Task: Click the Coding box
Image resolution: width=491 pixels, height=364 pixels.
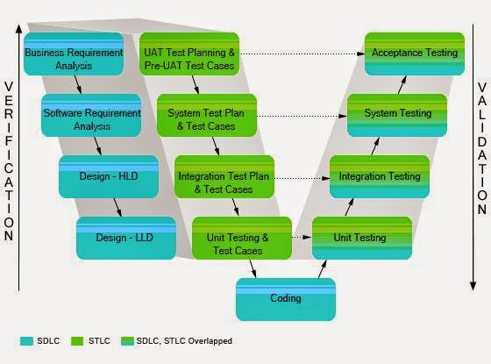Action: (x=285, y=299)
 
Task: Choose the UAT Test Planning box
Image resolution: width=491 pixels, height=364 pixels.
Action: (x=189, y=54)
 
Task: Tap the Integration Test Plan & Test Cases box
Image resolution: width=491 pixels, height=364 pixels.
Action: (x=224, y=176)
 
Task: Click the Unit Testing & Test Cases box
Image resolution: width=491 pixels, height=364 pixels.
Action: (x=241, y=238)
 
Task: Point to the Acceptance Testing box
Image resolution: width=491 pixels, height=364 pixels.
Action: (x=414, y=54)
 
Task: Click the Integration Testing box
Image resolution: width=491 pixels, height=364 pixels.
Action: (x=379, y=176)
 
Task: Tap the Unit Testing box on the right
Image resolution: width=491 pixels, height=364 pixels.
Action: (x=360, y=238)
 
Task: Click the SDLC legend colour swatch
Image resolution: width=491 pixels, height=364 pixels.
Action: (x=26, y=339)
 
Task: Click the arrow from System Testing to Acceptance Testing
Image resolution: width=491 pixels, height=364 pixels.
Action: (x=403, y=84)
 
